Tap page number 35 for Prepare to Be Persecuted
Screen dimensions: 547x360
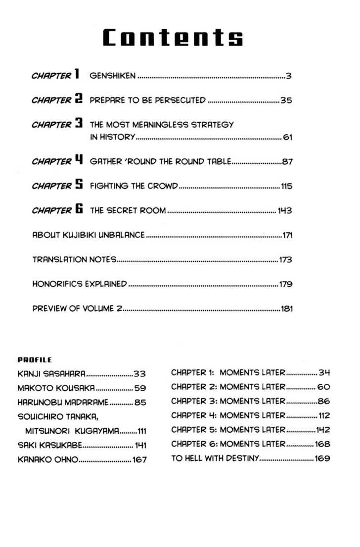pyautogui.click(x=287, y=101)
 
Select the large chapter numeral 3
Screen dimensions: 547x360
pyautogui.click(x=78, y=124)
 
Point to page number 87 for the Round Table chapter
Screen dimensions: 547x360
pyautogui.click(x=287, y=161)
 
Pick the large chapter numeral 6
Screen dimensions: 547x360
pyautogui.click(x=78, y=210)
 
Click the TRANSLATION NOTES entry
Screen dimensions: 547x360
pyautogui.click(x=74, y=259)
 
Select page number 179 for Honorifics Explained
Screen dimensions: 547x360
pyautogui.click(x=286, y=284)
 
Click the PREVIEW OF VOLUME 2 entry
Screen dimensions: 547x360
pyautogui.click(x=77, y=309)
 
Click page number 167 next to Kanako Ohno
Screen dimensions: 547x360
pyautogui.click(x=139, y=459)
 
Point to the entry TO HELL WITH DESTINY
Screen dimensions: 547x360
pyautogui.click(x=214, y=458)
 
